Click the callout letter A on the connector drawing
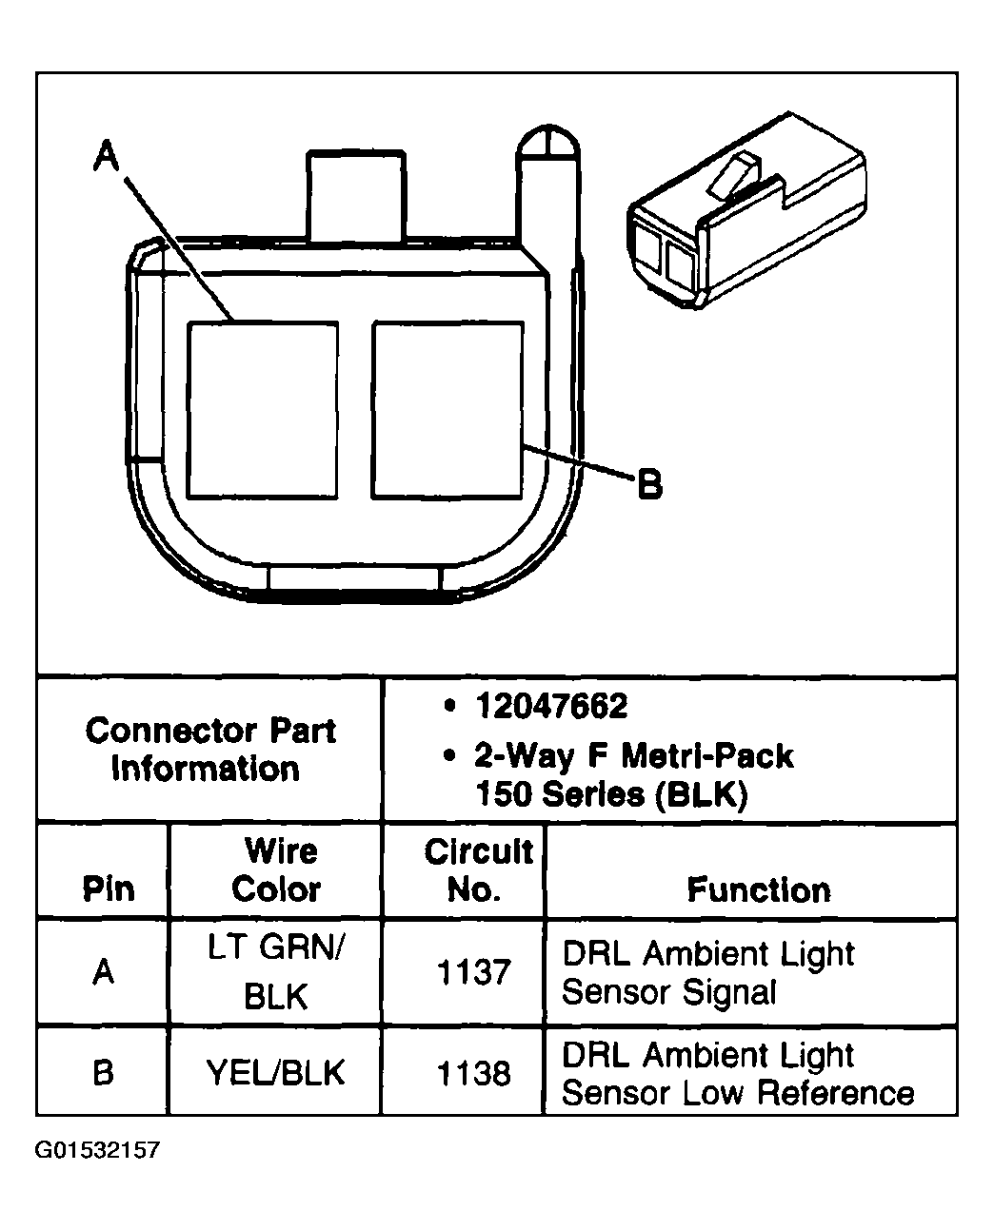point(107,155)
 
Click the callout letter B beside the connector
point(649,485)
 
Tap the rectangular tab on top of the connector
point(355,195)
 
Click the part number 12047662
point(550,707)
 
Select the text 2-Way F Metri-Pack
point(633,756)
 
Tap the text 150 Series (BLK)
point(610,794)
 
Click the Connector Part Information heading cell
point(209,750)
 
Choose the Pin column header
point(108,889)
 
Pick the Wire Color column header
point(276,870)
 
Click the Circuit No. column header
point(478,870)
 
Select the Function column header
point(759,890)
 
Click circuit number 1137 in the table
point(473,973)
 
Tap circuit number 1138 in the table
point(473,1073)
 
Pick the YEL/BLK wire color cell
point(275,1073)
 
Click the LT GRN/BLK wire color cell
point(275,973)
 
